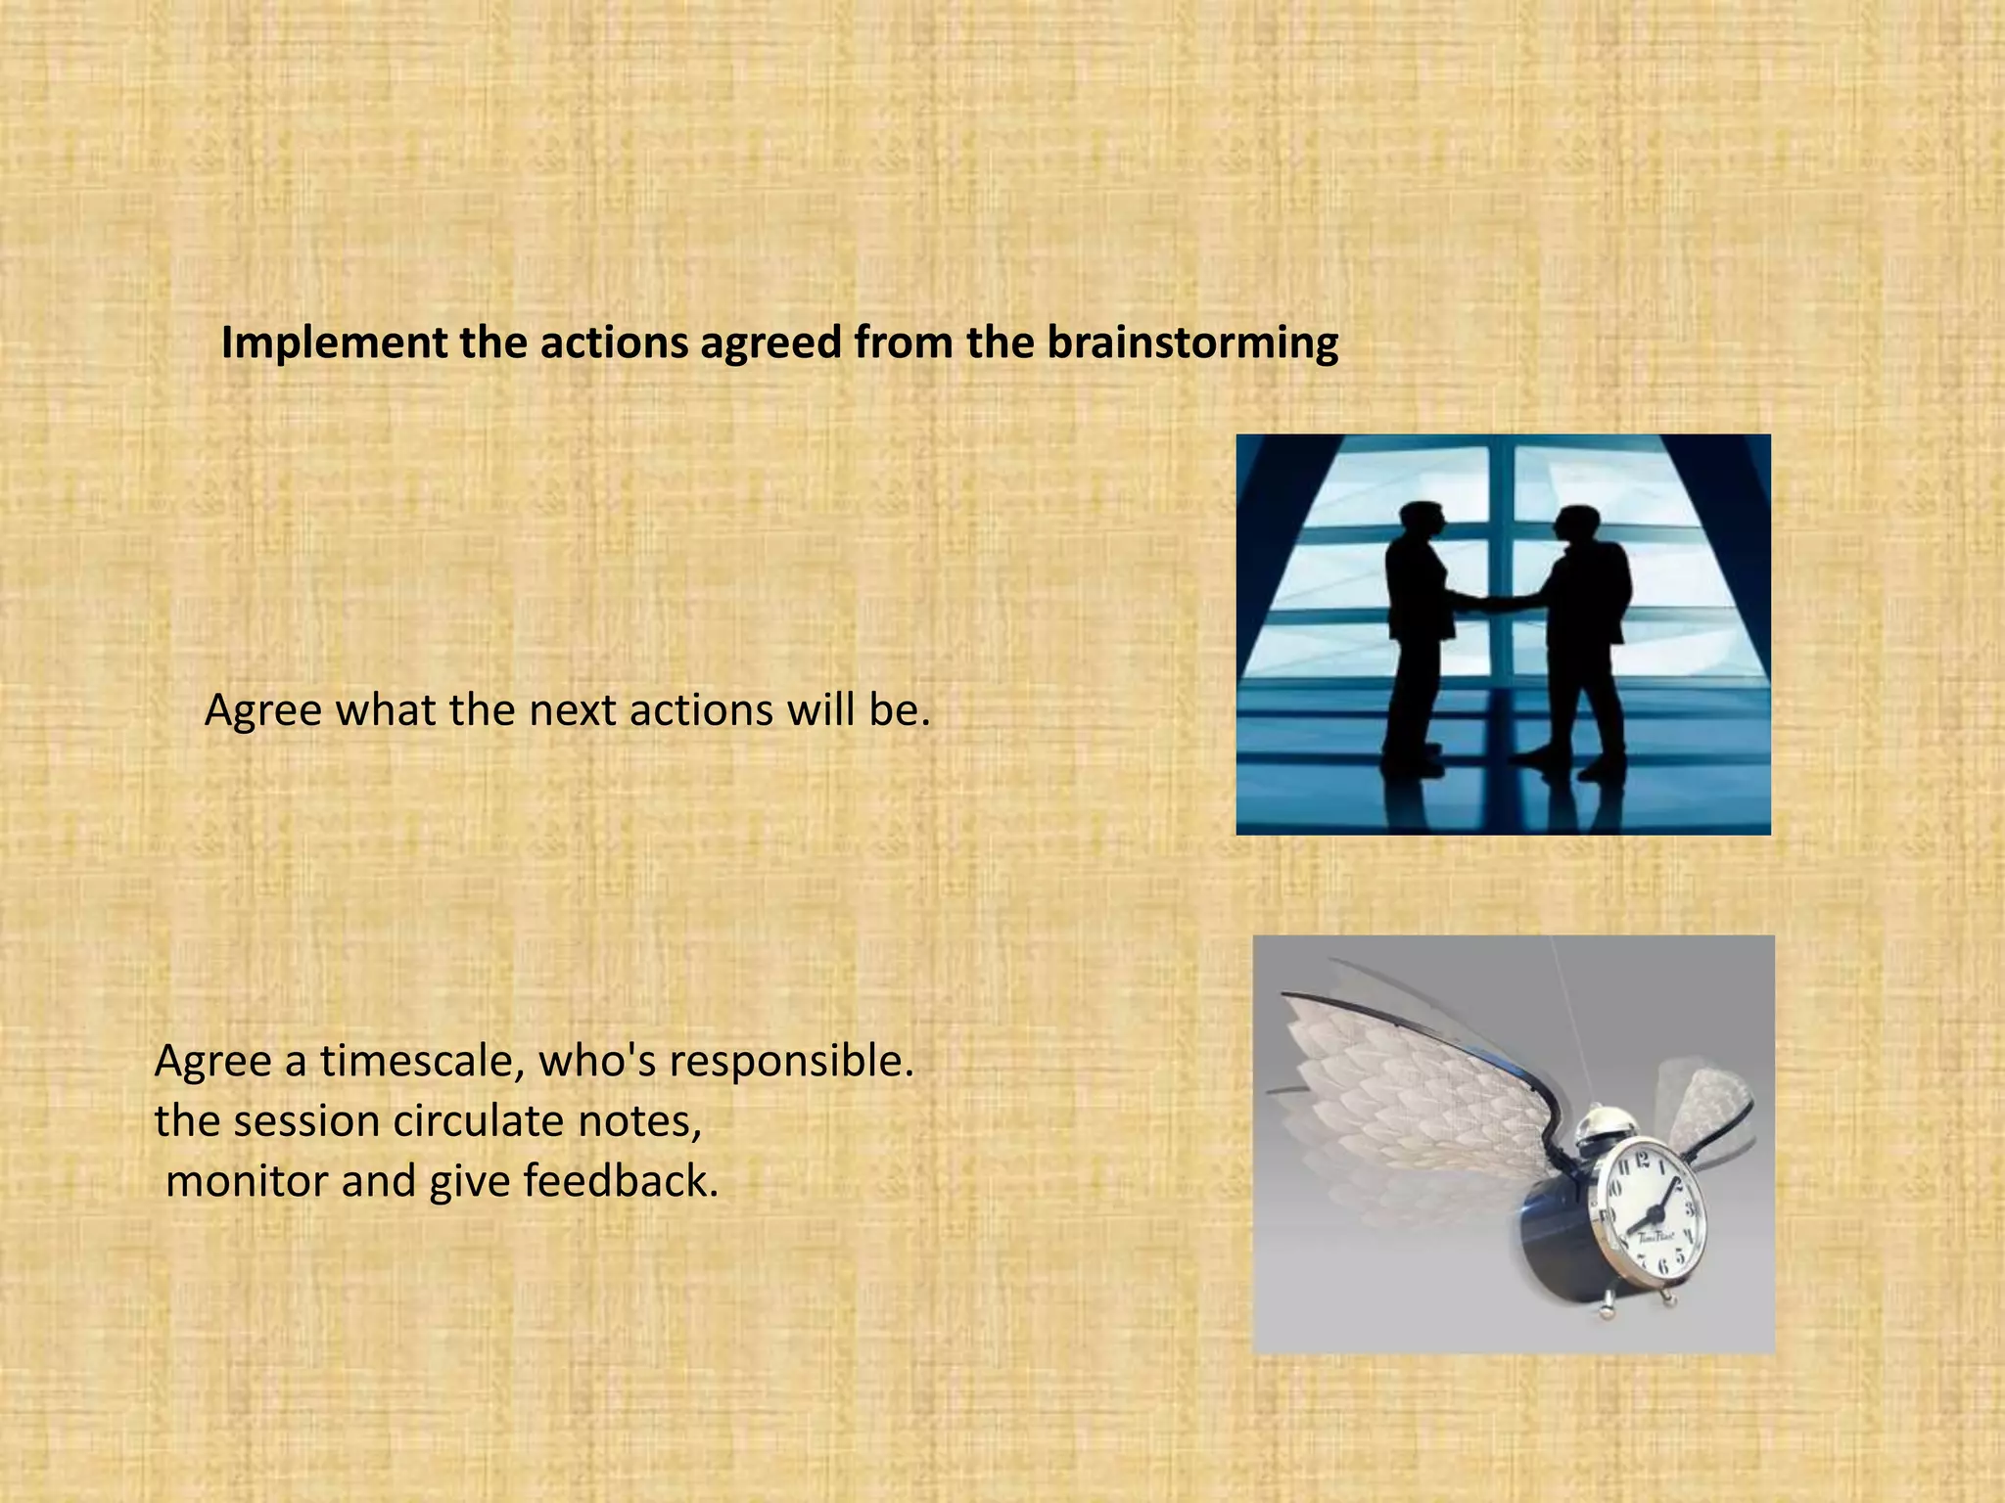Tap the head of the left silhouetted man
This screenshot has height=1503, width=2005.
click(1422, 524)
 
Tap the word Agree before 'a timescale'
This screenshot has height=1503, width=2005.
click(212, 1062)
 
